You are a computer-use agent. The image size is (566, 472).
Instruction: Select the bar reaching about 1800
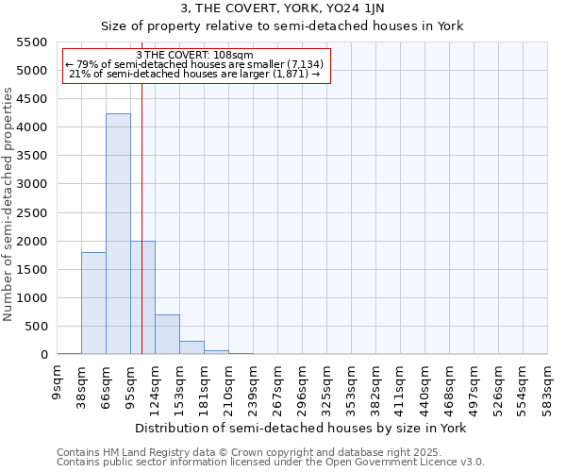coord(93,303)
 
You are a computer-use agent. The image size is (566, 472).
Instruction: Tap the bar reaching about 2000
coord(142,297)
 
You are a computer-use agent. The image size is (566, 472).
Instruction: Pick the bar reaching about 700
coord(167,334)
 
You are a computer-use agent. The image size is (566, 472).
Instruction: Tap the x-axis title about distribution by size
coord(302,428)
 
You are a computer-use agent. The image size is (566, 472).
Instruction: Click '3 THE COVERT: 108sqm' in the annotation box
coord(194,55)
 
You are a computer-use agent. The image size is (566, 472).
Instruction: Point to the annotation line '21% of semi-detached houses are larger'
coord(196,75)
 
